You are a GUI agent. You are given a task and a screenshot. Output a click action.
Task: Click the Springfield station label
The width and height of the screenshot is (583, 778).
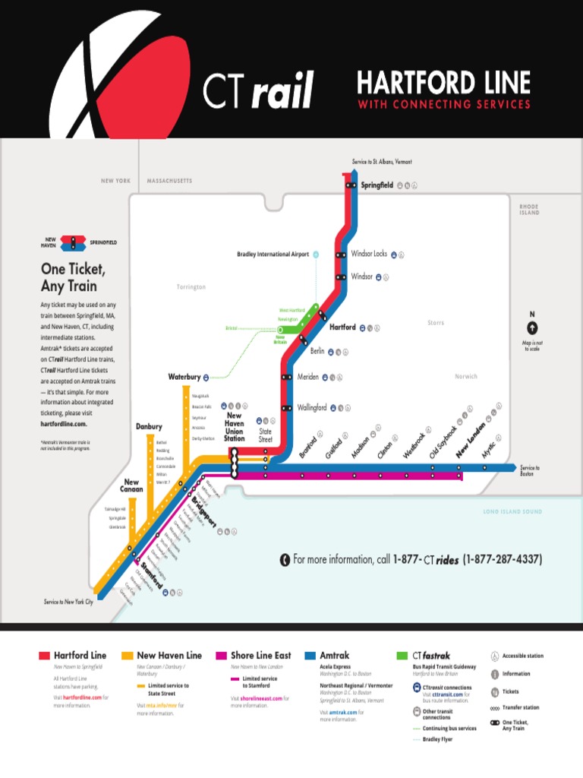tap(377, 185)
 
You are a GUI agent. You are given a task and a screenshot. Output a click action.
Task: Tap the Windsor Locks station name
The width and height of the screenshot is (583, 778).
tap(369, 254)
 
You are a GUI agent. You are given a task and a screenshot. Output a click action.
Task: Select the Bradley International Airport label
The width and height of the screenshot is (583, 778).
tap(273, 255)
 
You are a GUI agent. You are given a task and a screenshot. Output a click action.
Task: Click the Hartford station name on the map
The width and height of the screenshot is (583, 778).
tap(342, 327)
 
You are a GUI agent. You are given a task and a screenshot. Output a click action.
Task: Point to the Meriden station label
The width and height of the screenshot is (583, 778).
tap(307, 377)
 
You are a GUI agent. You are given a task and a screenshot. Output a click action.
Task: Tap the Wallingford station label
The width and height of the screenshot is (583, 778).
tap(312, 407)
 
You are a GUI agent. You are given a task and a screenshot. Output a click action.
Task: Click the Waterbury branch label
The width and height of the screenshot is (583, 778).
tap(184, 377)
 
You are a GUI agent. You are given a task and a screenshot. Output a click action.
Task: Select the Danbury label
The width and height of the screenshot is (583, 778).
tap(149, 427)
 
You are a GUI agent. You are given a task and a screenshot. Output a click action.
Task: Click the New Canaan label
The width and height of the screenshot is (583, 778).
tap(131, 485)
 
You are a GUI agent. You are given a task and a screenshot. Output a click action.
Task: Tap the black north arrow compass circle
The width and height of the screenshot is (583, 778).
tap(532, 328)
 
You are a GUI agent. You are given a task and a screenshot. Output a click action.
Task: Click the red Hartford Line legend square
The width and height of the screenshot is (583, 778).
tap(44, 655)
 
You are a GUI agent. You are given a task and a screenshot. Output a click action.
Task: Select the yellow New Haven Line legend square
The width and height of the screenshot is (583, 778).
tap(128, 655)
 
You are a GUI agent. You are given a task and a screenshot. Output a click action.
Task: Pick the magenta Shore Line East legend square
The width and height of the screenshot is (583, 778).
tap(221, 655)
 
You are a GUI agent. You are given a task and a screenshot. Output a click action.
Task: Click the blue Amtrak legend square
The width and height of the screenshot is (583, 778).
tap(310, 655)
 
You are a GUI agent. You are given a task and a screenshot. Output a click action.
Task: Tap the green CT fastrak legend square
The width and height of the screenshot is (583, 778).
tap(402, 655)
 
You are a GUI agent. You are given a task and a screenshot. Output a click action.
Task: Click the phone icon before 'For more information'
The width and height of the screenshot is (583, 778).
tap(284, 560)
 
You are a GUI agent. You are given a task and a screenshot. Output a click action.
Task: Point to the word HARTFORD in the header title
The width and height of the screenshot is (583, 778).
tap(406, 83)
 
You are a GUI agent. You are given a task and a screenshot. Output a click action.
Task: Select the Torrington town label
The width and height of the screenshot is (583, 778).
tap(191, 287)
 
